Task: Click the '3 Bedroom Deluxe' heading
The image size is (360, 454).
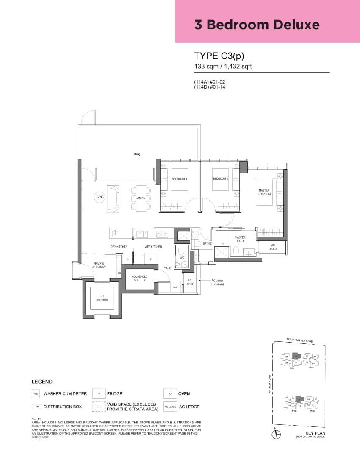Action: (257, 25)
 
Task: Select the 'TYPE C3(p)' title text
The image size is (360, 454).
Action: (219, 56)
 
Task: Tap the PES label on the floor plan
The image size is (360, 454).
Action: (136, 155)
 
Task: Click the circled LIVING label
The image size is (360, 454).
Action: (99, 197)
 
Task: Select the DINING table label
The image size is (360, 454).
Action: (141, 198)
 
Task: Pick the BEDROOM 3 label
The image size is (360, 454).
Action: (179, 179)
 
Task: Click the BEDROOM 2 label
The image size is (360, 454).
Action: (220, 179)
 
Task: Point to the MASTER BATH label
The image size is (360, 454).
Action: (240, 240)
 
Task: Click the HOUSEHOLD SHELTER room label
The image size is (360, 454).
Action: (139, 278)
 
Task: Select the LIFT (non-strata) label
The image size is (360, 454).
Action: (102, 298)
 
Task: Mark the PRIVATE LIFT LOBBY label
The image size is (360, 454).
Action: (99, 265)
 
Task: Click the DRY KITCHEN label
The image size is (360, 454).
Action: (119, 247)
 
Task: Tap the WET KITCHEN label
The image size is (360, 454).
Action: (153, 247)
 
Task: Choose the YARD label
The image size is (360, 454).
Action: (168, 268)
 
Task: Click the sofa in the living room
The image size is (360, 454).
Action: (114, 198)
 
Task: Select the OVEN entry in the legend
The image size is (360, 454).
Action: (184, 394)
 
